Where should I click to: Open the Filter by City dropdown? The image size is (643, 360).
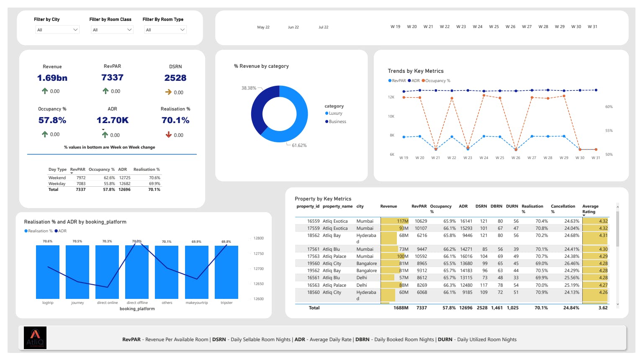[x=57, y=30]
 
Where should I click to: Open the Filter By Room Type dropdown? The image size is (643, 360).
[x=165, y=30]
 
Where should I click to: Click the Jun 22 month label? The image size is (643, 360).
[x=293, y=27]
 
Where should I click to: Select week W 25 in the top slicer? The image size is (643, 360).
[x=494, y=27]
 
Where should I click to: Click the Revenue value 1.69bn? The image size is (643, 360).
[x=52, y=78]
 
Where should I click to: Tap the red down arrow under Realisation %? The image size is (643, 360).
[x=169, y=135]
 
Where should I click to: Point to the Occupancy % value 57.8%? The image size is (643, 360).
[x=52, y=120]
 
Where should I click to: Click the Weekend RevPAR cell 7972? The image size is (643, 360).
[x=81, y=178]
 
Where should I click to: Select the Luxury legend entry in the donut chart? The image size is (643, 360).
[x=335, y=113]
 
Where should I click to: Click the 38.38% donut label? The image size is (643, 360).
[x=249, y=88]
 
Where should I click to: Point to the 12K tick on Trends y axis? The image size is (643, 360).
[x=391, y=97]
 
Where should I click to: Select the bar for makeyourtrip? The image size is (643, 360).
[x=196, y=272]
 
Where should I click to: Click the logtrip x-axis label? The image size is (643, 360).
[x=48, y=303]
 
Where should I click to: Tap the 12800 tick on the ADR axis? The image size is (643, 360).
[x=258, y=238]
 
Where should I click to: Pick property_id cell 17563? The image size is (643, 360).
[x=313, y=256]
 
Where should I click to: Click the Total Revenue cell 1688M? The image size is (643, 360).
[x=401, y=308]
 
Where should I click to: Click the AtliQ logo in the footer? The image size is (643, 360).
[x=35, y=338]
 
